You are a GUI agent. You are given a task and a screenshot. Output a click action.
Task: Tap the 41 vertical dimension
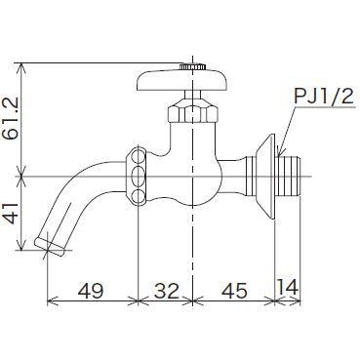coord(13,214)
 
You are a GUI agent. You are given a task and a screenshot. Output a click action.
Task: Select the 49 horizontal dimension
coord(91,291)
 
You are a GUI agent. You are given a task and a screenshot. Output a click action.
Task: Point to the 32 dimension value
coord(166,291)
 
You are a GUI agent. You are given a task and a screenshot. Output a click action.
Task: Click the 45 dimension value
coord(234,291)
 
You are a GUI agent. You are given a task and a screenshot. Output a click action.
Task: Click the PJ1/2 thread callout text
coord(324,97)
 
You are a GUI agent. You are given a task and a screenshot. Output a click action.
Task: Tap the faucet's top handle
coord(181,80)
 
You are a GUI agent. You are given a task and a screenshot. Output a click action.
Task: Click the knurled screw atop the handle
coord(192,66)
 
